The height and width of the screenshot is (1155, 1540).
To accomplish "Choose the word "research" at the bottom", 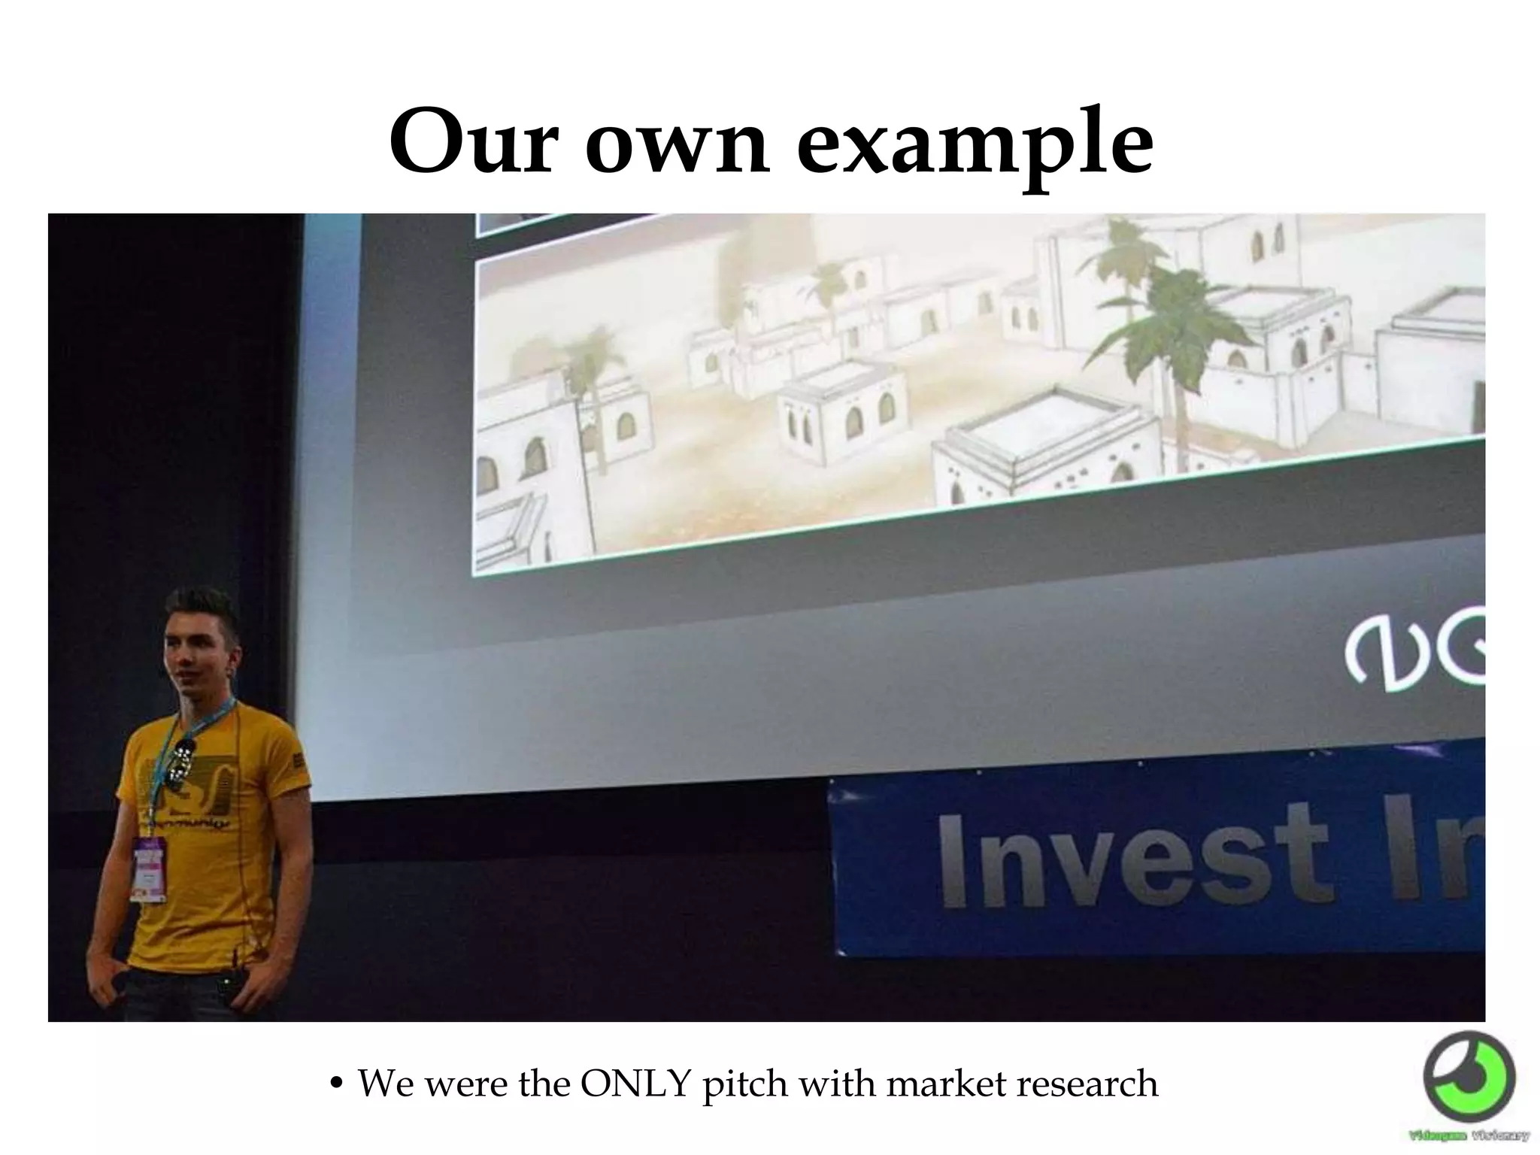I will [1086, 1084].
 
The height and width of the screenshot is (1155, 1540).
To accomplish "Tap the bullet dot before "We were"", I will [338, 1085].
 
